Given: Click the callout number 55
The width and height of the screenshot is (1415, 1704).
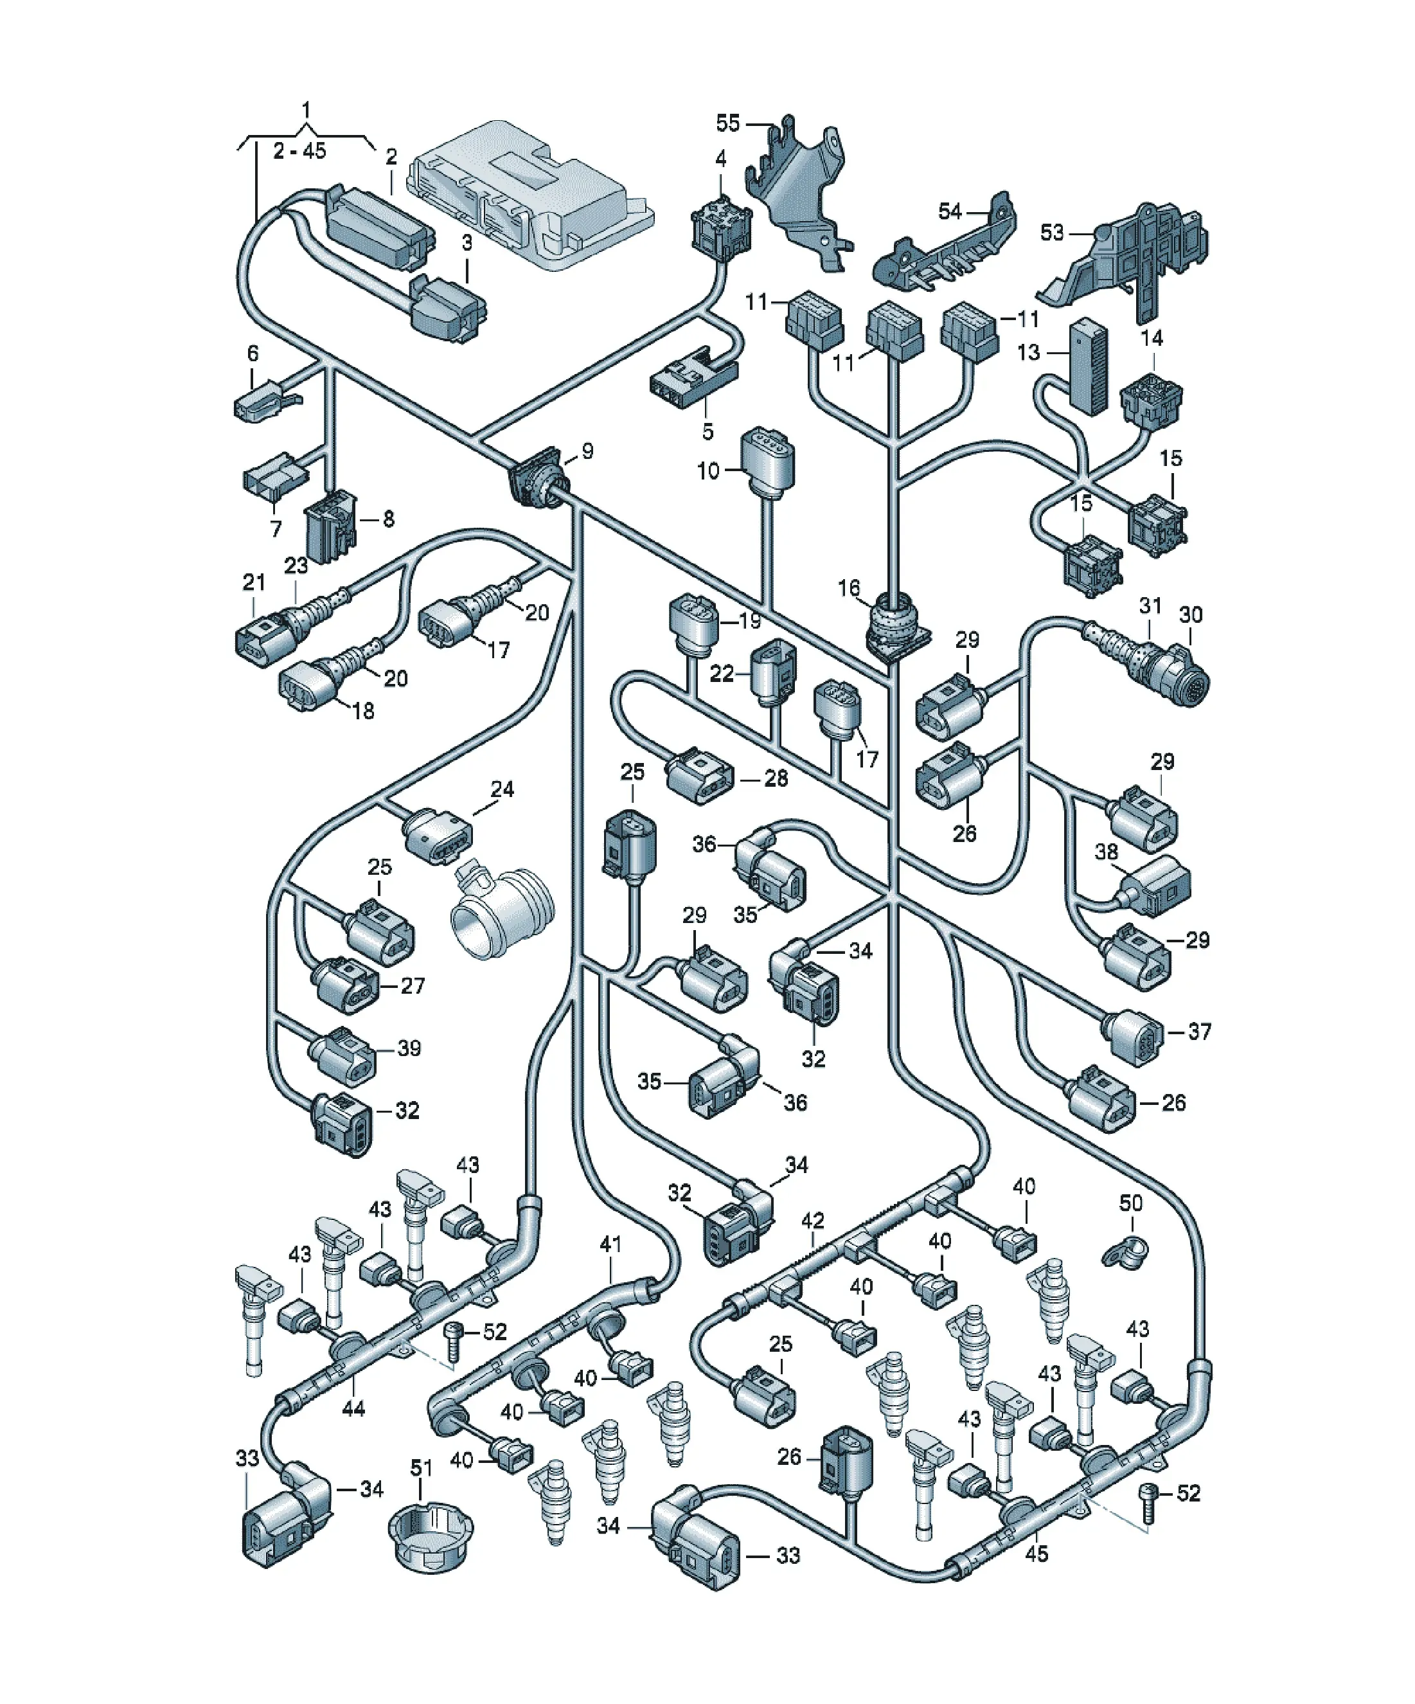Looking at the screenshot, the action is (x=728, y=123).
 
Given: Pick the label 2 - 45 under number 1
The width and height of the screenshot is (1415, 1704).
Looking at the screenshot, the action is (x=299, y=151).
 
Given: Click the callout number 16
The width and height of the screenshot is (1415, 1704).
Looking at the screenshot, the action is (x=849, y=587).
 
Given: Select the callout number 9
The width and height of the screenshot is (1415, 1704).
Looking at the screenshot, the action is (x=587, y=451).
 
